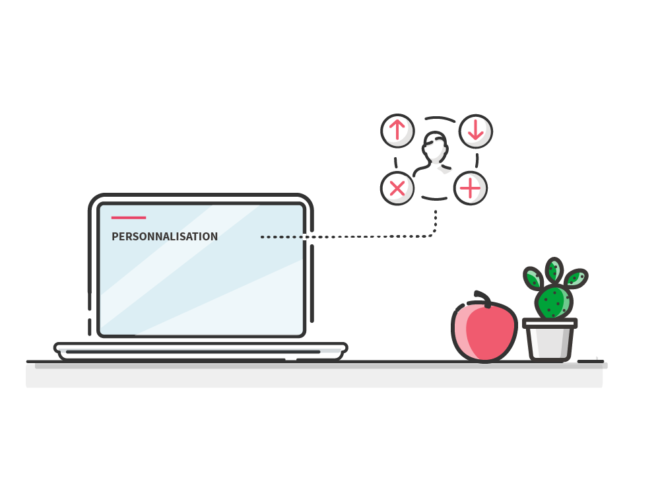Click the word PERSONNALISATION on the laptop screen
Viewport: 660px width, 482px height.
tap(164, 236)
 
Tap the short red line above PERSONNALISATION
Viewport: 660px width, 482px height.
tap(129, 217)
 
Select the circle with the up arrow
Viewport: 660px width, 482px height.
tap(397, 130)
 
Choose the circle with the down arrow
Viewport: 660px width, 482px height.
tap(476, 130)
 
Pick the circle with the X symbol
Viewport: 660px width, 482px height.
tap(397, 189)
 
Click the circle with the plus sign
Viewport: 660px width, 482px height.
tap(470, 189)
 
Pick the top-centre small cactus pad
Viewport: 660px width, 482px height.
tap(554, 270)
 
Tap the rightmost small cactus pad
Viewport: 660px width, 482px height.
tap(576, 278)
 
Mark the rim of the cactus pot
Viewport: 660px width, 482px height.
tap(550, 324)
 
